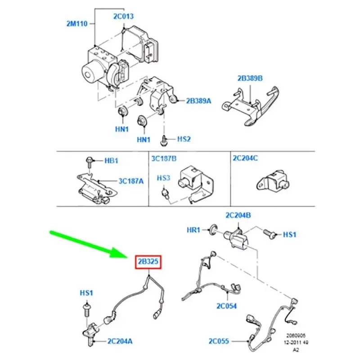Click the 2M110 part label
pyautogui.click(x=77, y=24)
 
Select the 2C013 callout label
pyautogui.click(x=123, y=16)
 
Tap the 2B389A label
pyautogui.click(x=198, y=101)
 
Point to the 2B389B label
pyautogui.click(x=250, y=78)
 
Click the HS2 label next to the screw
pyautogui.click(x=184, y=139)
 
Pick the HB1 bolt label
pyautogui.click(x=111, y=161)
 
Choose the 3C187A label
pyautogui.click(x=131, y=181)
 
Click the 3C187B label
pyautogui.click(x=164, y=158)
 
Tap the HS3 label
pyautogui.click(x=163, y=178)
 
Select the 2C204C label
pyautogui.click(x=245, y=158)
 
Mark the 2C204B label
pyautogui.click(x=238, y=215)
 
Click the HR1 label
pyautogui.click(x=193, y=230)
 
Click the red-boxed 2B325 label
pyautogui.click(x=148, y=261)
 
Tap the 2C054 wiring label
pyautogui.click(x=226, y=306)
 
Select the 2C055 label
pyautogui.click(x=219, y=341)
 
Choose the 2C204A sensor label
pyautogui.click(x=120, y=341)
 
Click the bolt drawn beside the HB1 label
pyautogui.click(x=89, y=163)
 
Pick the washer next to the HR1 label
pyautogui.click(x=213, y=229)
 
